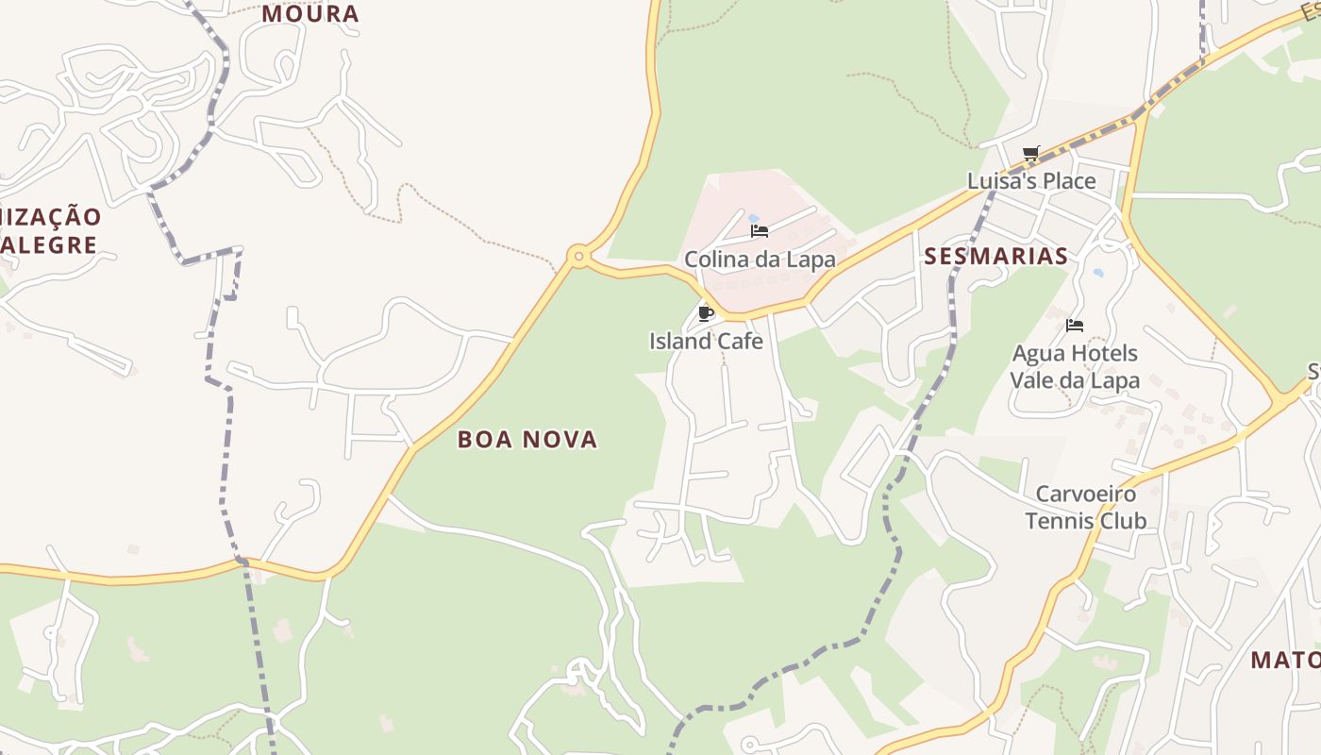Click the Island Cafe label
tap(706, 341)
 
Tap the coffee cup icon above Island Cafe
tap(705, 313)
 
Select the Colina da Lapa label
tap(760, 260)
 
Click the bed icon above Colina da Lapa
tap(759, 231)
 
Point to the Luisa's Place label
tap(1031, 180)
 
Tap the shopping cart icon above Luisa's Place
tap(1030, 153)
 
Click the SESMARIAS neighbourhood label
tap(995, 256)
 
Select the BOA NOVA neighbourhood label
tap(527, 439)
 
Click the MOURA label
tap(310, 14)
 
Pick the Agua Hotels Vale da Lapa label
tap(1075, 367)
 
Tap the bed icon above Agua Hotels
tap(1074, 327)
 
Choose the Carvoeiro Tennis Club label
tap(1086, 507)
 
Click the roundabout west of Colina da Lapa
tap(578, 255)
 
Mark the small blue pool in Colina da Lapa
tap(754, 218)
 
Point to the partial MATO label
tap(1285, 660)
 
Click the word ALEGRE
tap(49, 245)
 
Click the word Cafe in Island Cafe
tap(739, 341)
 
